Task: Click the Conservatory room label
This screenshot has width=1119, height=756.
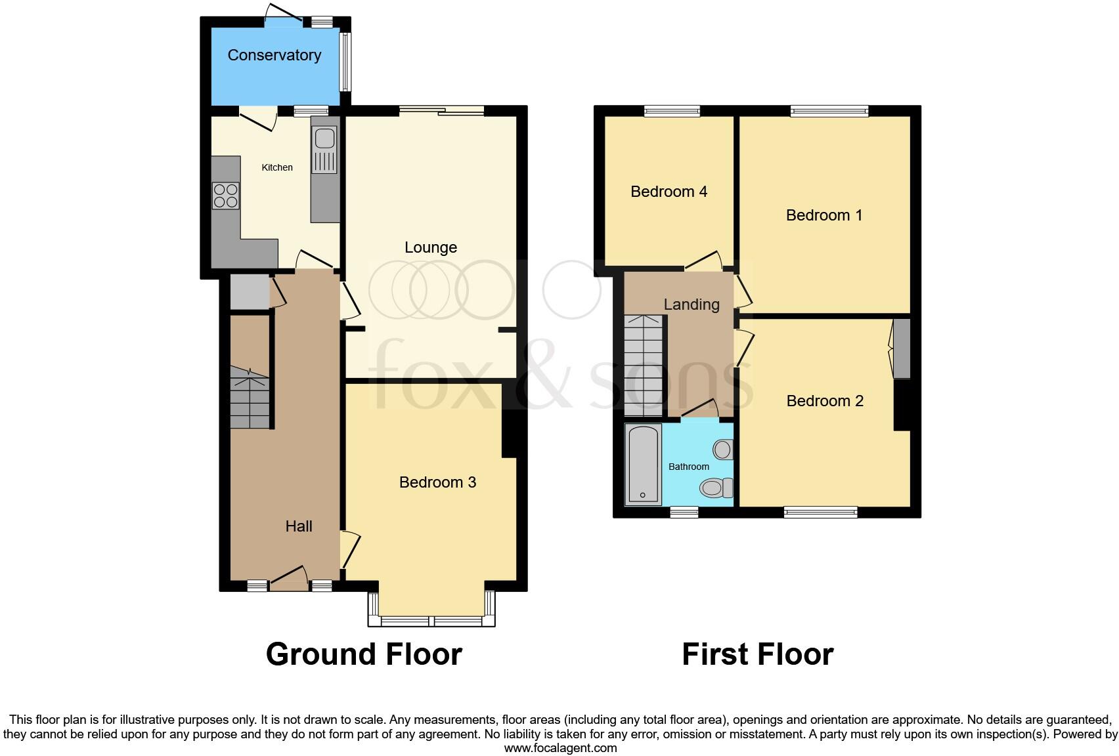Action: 274,55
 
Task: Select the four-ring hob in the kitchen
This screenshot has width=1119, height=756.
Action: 225,196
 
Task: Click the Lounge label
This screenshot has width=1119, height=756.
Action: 430,247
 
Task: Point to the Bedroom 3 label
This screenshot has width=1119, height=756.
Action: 437,482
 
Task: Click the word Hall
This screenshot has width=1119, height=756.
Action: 299,526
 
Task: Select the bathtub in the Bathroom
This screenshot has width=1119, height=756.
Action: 643,465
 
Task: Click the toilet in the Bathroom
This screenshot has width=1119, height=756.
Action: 716,488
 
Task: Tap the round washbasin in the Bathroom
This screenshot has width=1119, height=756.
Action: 722,450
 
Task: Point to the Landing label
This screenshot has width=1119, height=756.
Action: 691,304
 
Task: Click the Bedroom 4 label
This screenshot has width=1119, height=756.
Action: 669,192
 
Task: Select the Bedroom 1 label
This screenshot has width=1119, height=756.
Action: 823,215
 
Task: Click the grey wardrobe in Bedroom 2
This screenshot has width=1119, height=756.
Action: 902,348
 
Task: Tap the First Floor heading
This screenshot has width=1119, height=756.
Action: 757,654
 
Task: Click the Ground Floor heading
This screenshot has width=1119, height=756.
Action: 364,654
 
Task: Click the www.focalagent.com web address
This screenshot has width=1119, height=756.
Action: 560,748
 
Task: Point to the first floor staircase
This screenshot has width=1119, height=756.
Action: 644,364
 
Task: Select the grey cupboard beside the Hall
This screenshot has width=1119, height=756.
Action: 250,292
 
